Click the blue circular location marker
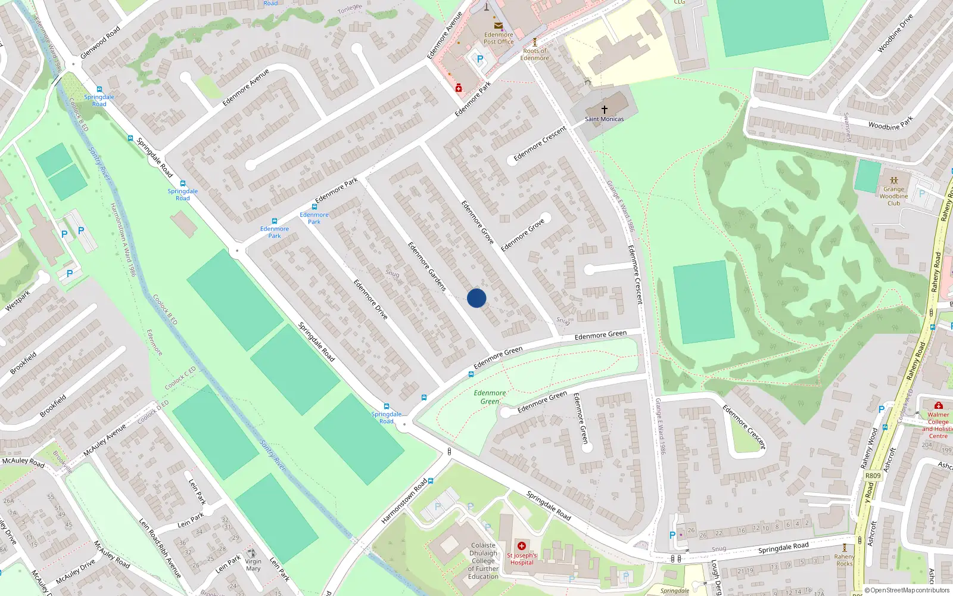pos(476,298)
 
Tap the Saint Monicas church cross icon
pos(604,110)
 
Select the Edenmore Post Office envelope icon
pos(498,26)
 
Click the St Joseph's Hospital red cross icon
pos(522,546)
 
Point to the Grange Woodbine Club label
pos(893,195)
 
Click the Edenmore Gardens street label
pos(426,266)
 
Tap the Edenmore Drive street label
pos(370,299)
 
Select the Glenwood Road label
pos(100,42)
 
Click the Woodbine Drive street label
pos(895,33)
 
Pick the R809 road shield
pos(873,476)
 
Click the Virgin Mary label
pos(253,565)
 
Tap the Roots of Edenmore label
pos(534,54)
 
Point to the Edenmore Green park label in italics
pos(490,397)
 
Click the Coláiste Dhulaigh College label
pos(483,561)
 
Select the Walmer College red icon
pos(938,405)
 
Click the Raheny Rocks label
pos(844,560)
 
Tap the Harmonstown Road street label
pos(404,501)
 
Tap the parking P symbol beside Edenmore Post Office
pos(480,60)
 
